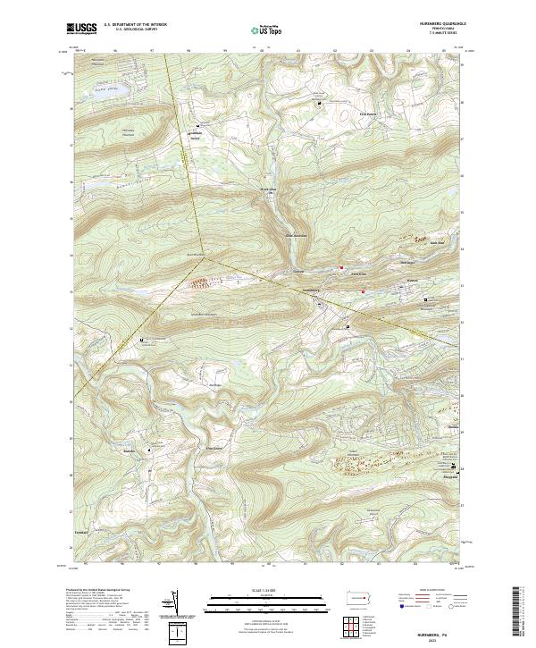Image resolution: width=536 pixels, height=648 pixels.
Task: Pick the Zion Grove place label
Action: [x=214, y=448]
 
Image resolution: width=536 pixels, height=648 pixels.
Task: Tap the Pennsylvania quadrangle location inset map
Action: [x=361, y=597]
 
